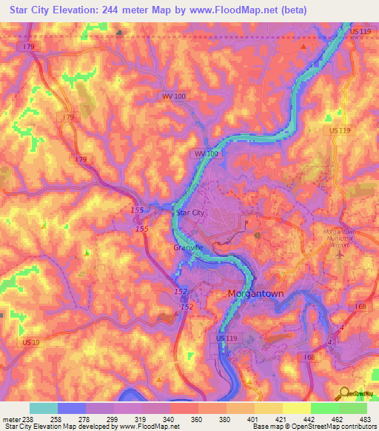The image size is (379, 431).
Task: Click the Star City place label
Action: tap(189, 213)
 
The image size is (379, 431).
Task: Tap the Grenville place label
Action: tap(188, 247)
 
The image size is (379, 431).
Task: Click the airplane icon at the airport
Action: tap(341, 254)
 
